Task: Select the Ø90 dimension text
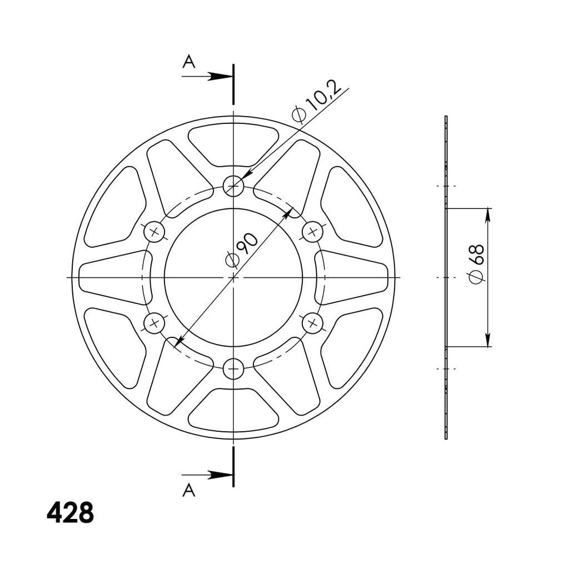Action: [x=242, y=250]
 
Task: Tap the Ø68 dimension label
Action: [x=476, y=264]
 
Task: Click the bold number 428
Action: [x=71, y=512]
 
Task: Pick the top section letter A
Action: [x=189, y=61]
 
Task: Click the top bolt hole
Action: [x=233, y=186]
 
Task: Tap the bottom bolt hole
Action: [x=233, y=369]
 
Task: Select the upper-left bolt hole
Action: [x=154, y=232]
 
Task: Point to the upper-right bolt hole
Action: [x=312, y=232]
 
